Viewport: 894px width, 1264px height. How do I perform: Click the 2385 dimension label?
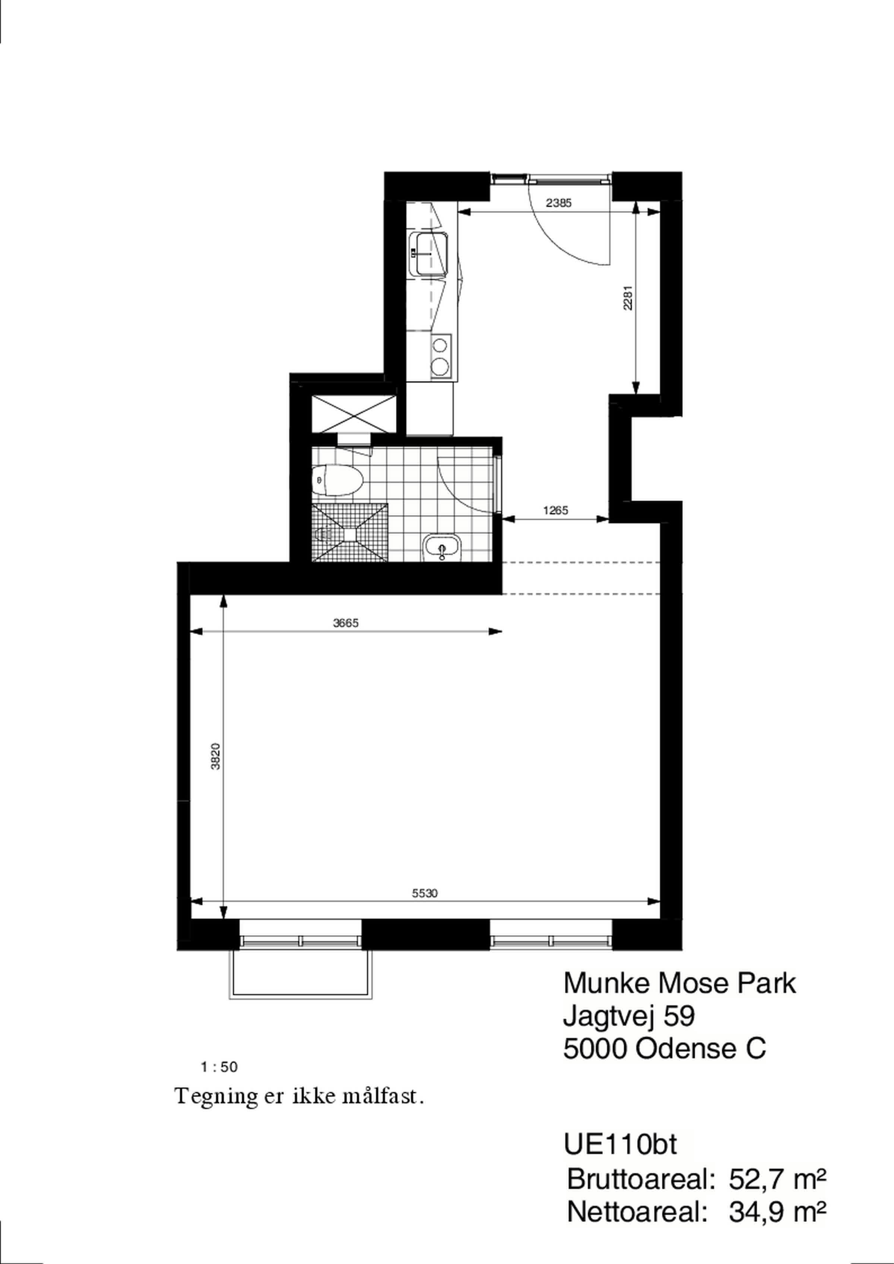tap(559, 203)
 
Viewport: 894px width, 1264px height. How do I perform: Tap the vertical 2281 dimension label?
tap(628, 297)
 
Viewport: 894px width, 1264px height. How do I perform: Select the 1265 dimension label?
tap(555, 510)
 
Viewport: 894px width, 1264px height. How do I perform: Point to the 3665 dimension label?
tap(346, 623)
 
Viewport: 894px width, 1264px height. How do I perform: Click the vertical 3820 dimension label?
tap(216, 756)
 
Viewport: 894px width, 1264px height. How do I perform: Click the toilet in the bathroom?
tap(337, 480)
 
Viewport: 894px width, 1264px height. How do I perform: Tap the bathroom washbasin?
tap(442, 547)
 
